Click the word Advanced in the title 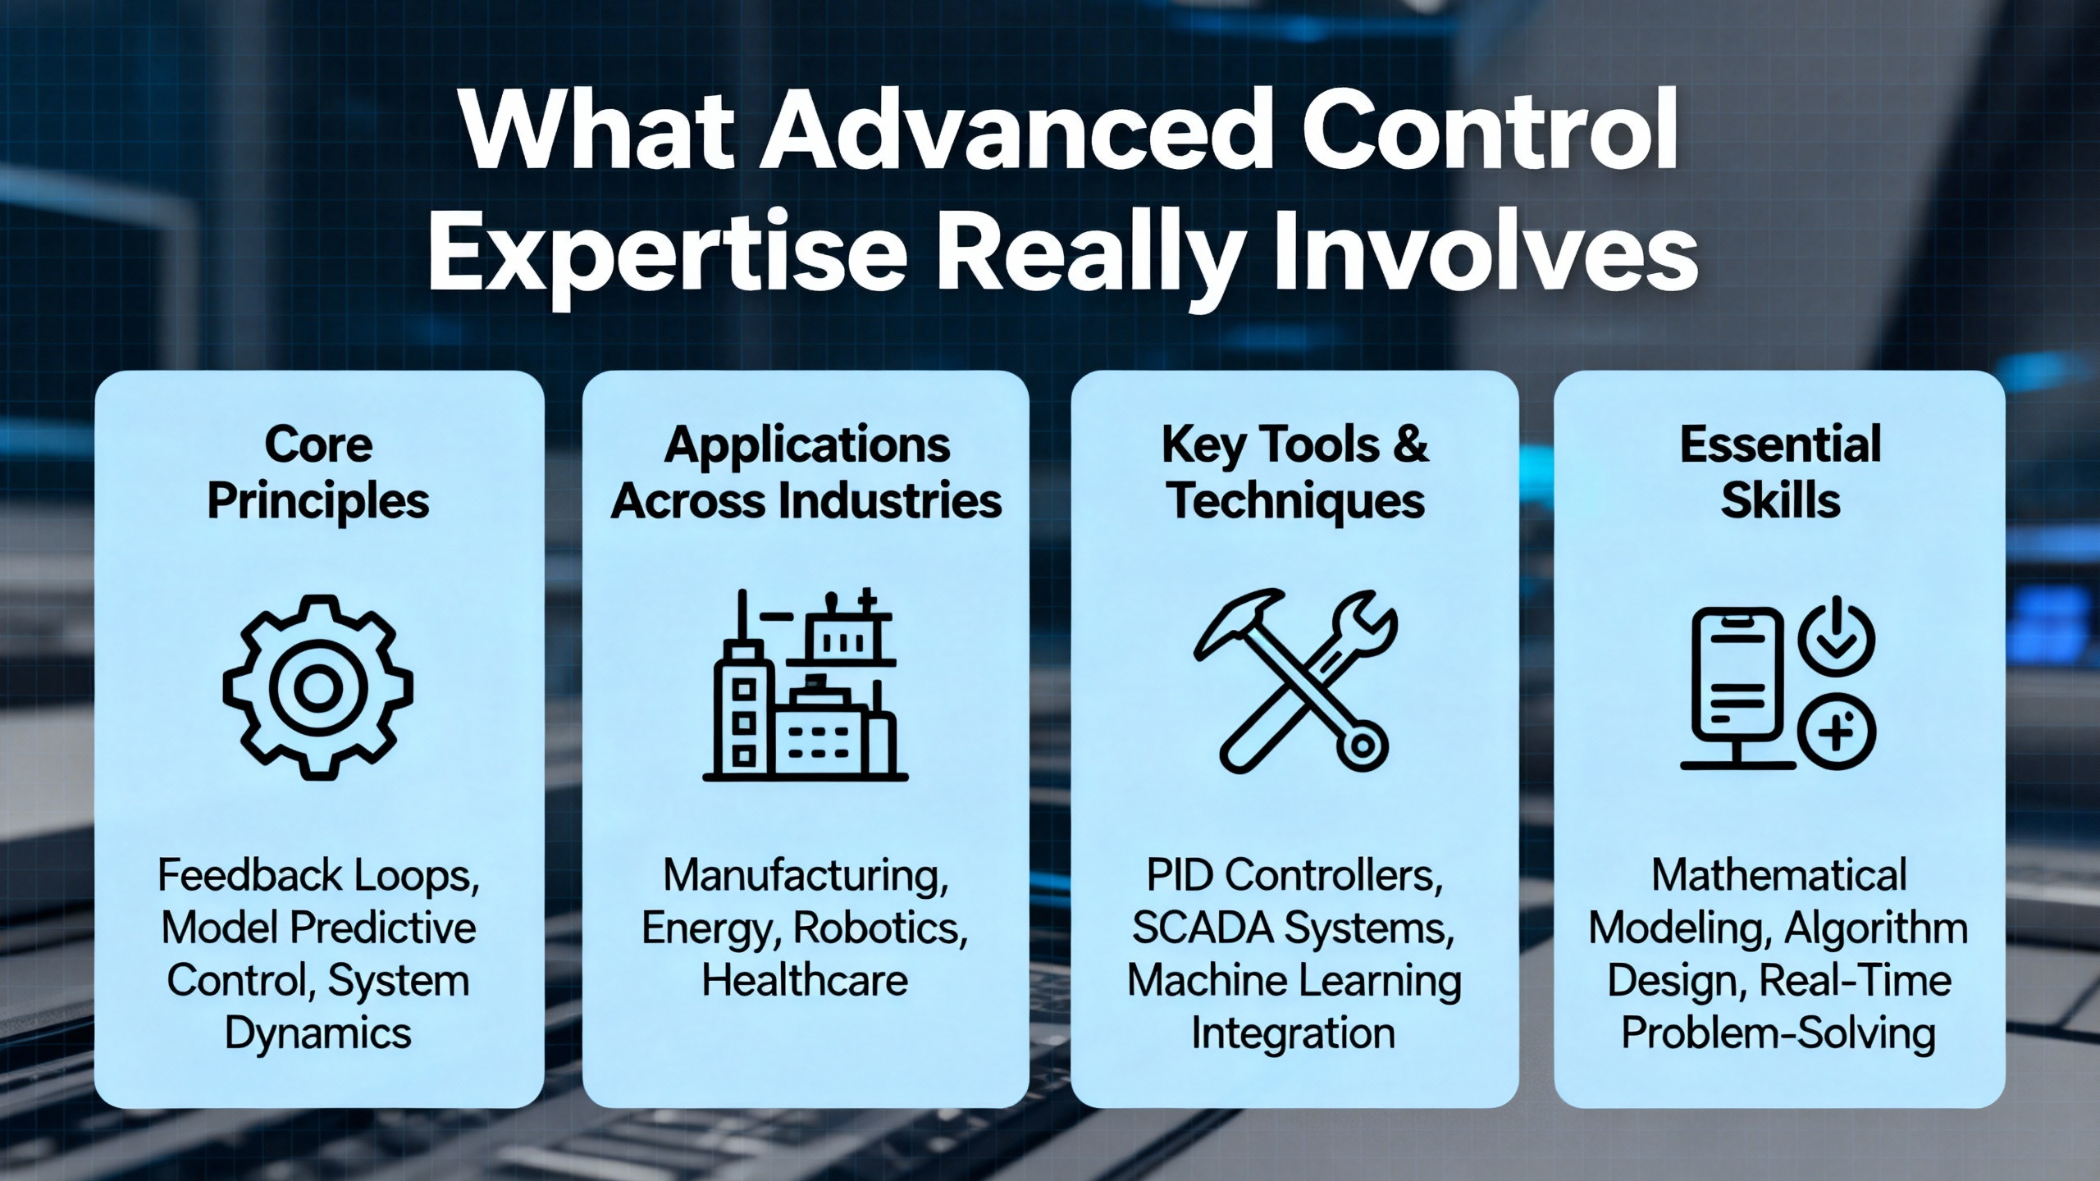tap(1012, 132)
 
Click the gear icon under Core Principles tap(318, 687)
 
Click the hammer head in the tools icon tap(1235, 619)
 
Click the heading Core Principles tap(318, 473)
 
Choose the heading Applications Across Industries tap(806, 472)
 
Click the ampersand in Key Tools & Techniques tap(1410, 445)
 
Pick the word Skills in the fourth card tap(1781, 500)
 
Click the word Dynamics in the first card tap(318, 1033)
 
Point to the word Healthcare tap(806, 980)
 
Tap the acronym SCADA tap(1203, 928)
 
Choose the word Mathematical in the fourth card tap(1779, 875)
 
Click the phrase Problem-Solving tap(1778, 1033)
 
